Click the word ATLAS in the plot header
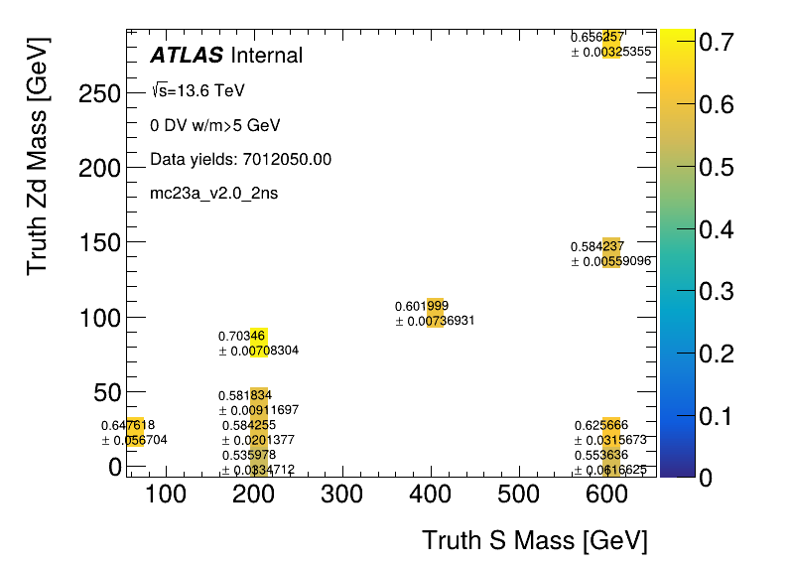click(x=187, y=56)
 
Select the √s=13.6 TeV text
click(x=197, y=91)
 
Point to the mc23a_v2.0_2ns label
click(x=213, y=193)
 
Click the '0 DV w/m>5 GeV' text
click(x=215, y=126)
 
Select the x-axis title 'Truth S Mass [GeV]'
click(x=534, y=541)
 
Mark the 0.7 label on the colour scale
click(x=717, y=42)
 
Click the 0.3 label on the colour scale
click(x=717, y=291)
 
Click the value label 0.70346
click(x=242, y=336)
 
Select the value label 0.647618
click(x=128, y=425)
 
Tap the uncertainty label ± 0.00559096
click(x=611, y=261)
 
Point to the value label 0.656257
click(x=597, y=37)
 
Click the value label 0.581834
click(x=244, y=395)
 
